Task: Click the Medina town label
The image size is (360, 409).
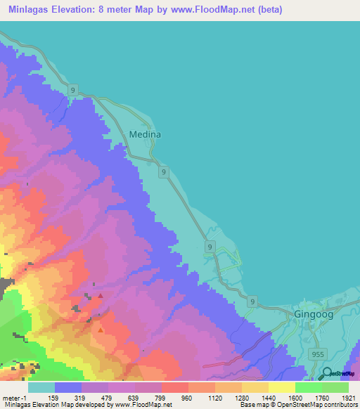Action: click(146, 134)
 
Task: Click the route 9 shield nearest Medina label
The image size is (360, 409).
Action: click(163, 171)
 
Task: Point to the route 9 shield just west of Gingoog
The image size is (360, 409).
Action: click(253, 301)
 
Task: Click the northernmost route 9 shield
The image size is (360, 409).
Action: click(73, 91)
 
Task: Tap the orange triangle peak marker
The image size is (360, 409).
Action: click(101, 329)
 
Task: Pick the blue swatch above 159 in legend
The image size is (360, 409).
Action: click(67, 387)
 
